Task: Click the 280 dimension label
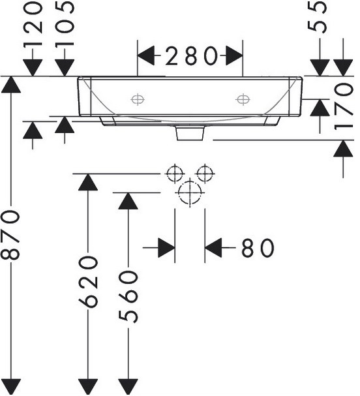pos(191,55)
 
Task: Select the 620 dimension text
pos(88,282)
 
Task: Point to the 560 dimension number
pos(128,296)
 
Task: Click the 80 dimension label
pos(258,248)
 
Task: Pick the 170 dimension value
pos(344,107)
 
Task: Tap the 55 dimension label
pos(317,17)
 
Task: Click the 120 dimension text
pos(33,23)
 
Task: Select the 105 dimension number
pos(65,23)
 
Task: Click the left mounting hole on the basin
pos(138,99)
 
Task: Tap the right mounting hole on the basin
pos(243,99)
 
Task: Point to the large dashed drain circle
pos(190,192)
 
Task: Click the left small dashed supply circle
pos(175,174)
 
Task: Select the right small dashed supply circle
pos(205,174)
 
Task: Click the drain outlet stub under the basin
pos(190,133)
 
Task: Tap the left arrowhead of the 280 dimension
pos(145,55)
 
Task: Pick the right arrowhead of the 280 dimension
pos(234,55)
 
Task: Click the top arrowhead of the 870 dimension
pos(11,84)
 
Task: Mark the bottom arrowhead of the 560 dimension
pos(128,386)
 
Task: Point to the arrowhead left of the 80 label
pos(166,248)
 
